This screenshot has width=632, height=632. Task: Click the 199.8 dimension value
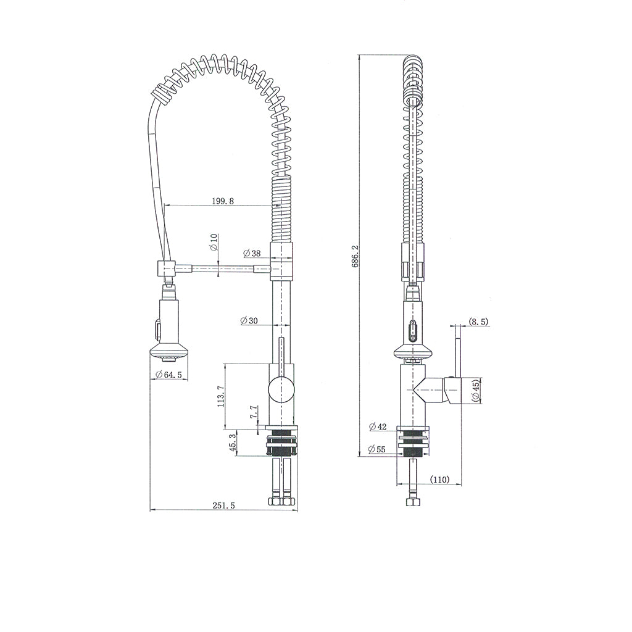(223, 201)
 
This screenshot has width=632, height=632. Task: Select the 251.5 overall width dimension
(223, 505)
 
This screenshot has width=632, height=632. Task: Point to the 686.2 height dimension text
(355, 256)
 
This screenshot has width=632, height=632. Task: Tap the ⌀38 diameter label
(252, 254)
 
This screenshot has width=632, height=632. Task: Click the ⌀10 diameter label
(214, 243)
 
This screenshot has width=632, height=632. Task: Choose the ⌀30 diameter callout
(249, 320)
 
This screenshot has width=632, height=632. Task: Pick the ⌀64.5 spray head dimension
(168, 375)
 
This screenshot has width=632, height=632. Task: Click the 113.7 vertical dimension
(220, 396)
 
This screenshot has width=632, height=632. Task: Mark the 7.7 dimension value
(254, 413)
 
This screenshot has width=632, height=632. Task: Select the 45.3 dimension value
(233, 443)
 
